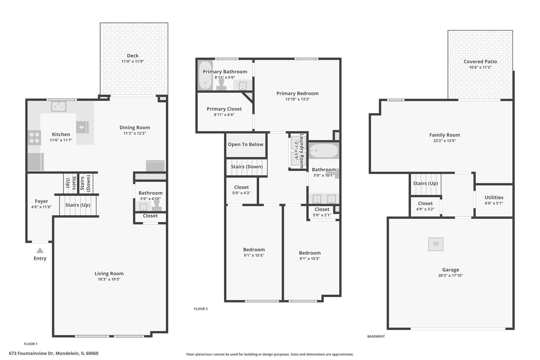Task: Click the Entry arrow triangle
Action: (x=40, y=250)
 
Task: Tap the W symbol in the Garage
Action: (x=436, y=244)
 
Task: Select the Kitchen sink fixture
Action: (x=59, y=106)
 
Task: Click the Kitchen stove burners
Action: (x=35, y=138)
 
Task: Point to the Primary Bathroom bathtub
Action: (x=205, y=75)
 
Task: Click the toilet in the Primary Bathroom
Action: (x=221, y=84)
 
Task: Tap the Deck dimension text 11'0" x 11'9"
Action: (x=133, y=61)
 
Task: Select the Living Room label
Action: (x=109, y=273)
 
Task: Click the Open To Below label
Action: (x=245, y=144)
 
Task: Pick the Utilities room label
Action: (x=494, y=197)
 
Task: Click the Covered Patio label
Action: (x=480, y=61)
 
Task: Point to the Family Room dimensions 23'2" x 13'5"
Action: (x=445, y=141)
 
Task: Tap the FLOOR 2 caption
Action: (x=201, y=309)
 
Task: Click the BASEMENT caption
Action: (x=376, y=336)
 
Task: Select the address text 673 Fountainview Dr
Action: (x=31, y=353)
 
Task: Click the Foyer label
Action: (x=41, y=201)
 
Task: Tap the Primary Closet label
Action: (x=224, y=109)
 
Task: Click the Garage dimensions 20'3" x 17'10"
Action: (x=450, y=275)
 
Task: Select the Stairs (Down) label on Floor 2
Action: (x=247, y=167)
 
